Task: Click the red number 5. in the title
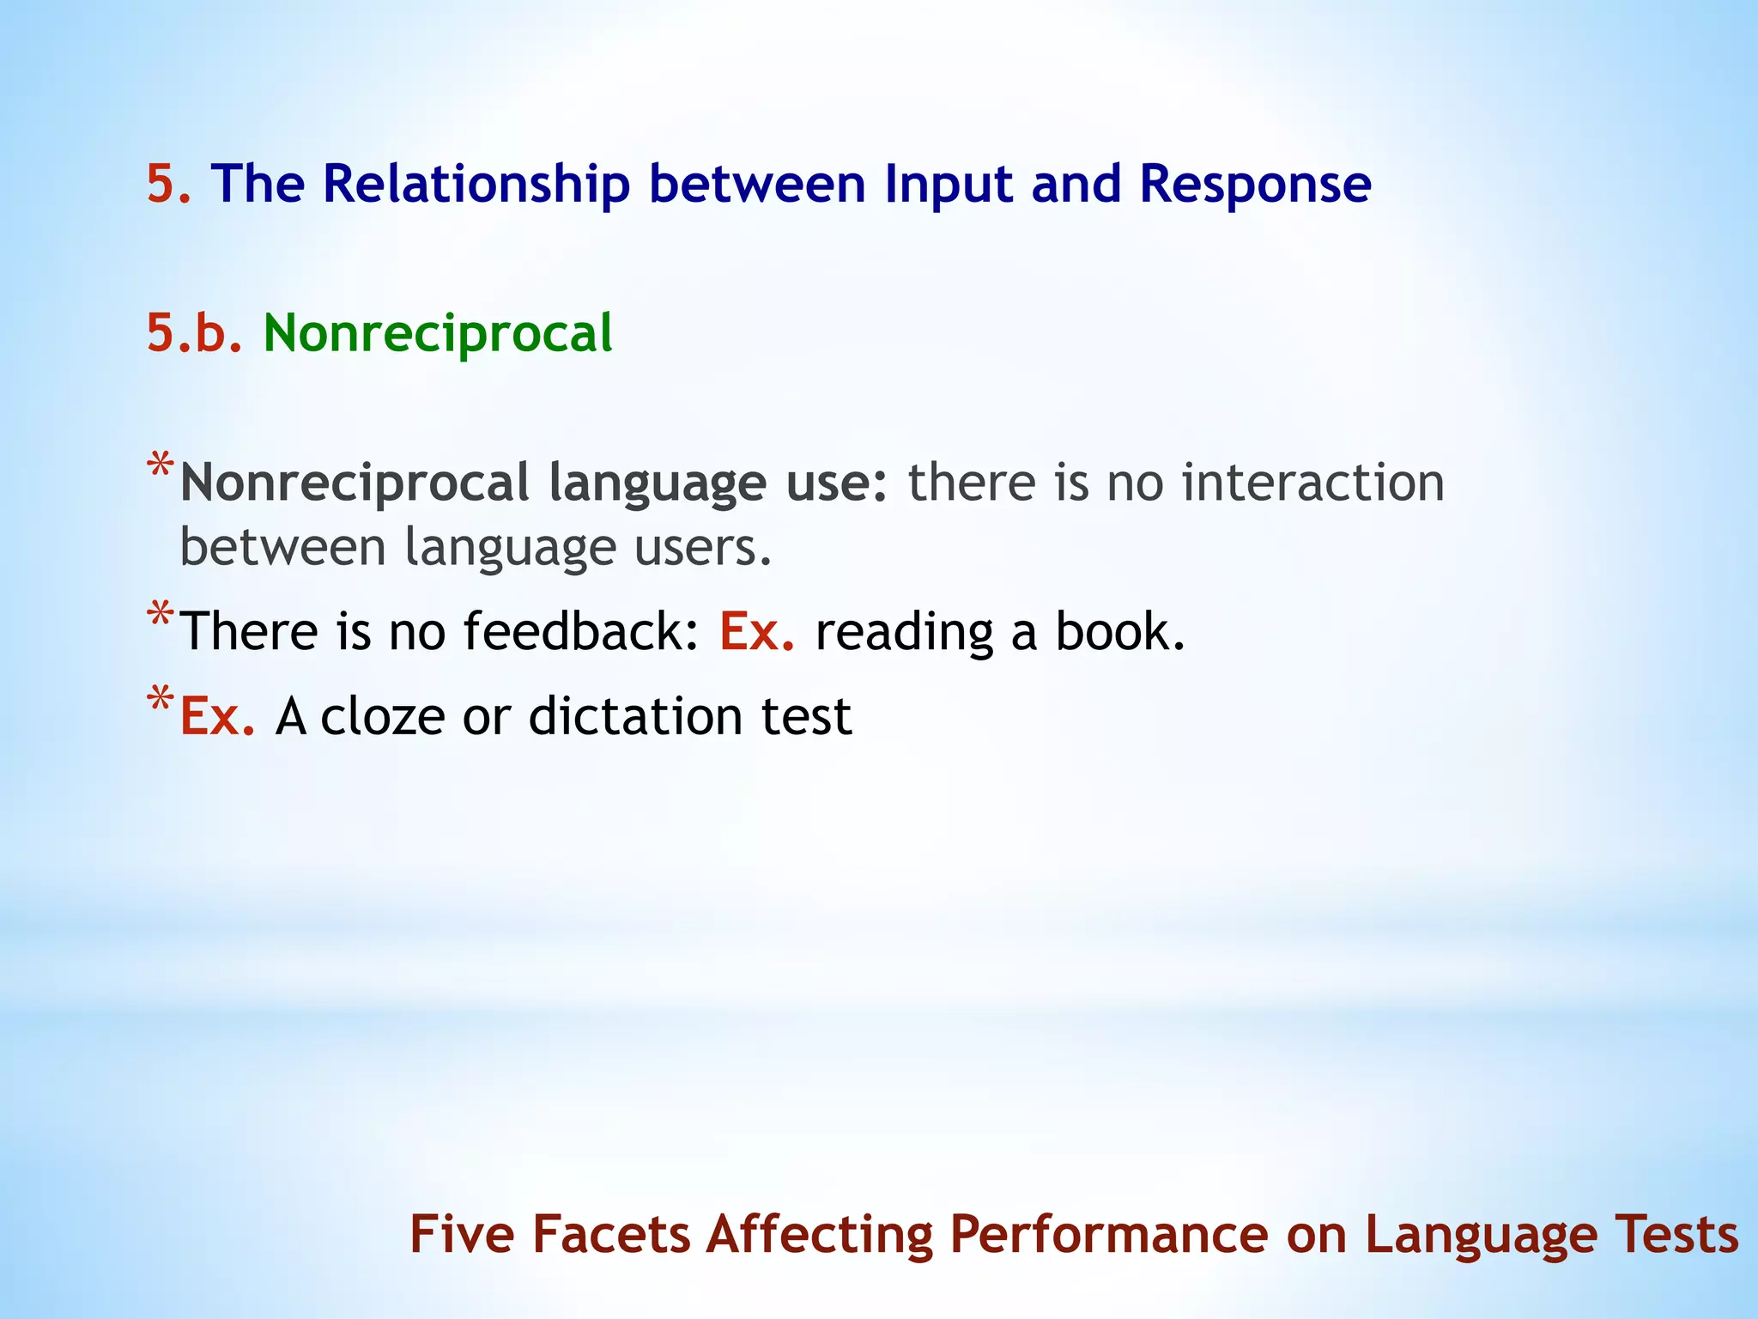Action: tap(168, 184)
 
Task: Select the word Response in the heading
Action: tap(1255, 184)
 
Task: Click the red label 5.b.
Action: tap(194, 333)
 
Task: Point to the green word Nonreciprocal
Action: tap(438, 333)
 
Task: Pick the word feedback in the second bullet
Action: tap(581, 631)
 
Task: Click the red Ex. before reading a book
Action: tap(755, 631)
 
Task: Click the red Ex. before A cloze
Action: tap(217, 716)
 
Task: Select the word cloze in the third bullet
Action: tap(382, 716)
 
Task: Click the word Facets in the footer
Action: tap(611, 1234)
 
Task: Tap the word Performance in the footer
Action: tap(1108, 1234)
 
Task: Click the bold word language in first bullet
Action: tap(656, 482)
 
